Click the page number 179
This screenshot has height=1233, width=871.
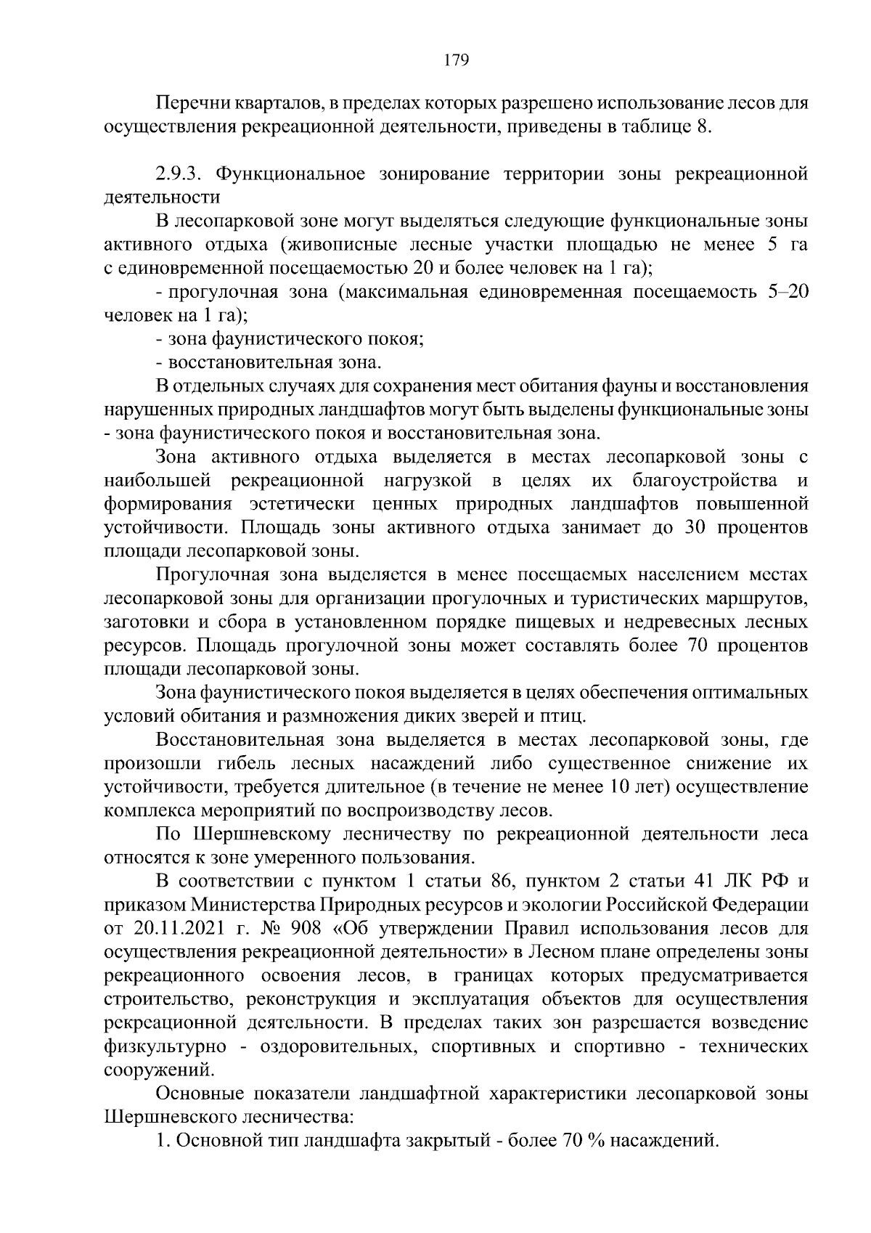click(456, 60)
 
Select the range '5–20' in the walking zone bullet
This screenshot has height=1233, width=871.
click(787, 292)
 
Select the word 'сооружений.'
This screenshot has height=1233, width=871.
click(160, 1070)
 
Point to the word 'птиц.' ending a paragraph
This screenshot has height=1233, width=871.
click(563, 716)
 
